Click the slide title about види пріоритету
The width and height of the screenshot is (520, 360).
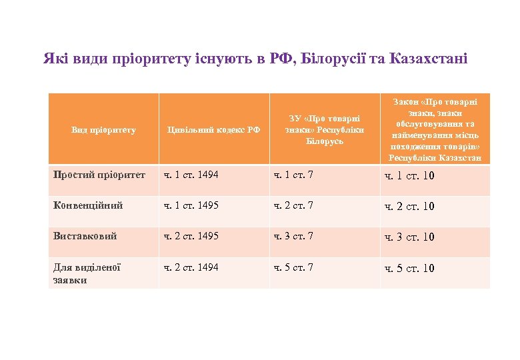click(255, 58)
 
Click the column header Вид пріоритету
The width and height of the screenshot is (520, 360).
click(103, 130)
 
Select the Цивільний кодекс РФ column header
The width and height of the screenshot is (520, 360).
click(213, 130)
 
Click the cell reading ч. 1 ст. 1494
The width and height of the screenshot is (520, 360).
click(193, 175)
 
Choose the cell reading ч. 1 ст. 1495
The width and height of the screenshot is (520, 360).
click(193, 205)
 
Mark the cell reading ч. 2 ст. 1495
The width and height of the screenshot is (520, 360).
click(193, 236)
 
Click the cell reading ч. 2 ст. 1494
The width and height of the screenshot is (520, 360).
click(193, 267)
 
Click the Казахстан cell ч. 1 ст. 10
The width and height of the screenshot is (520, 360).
click(409, 176)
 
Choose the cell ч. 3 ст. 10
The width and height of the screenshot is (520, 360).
click(409, 237)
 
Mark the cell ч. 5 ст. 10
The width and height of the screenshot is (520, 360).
click(409, 269)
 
